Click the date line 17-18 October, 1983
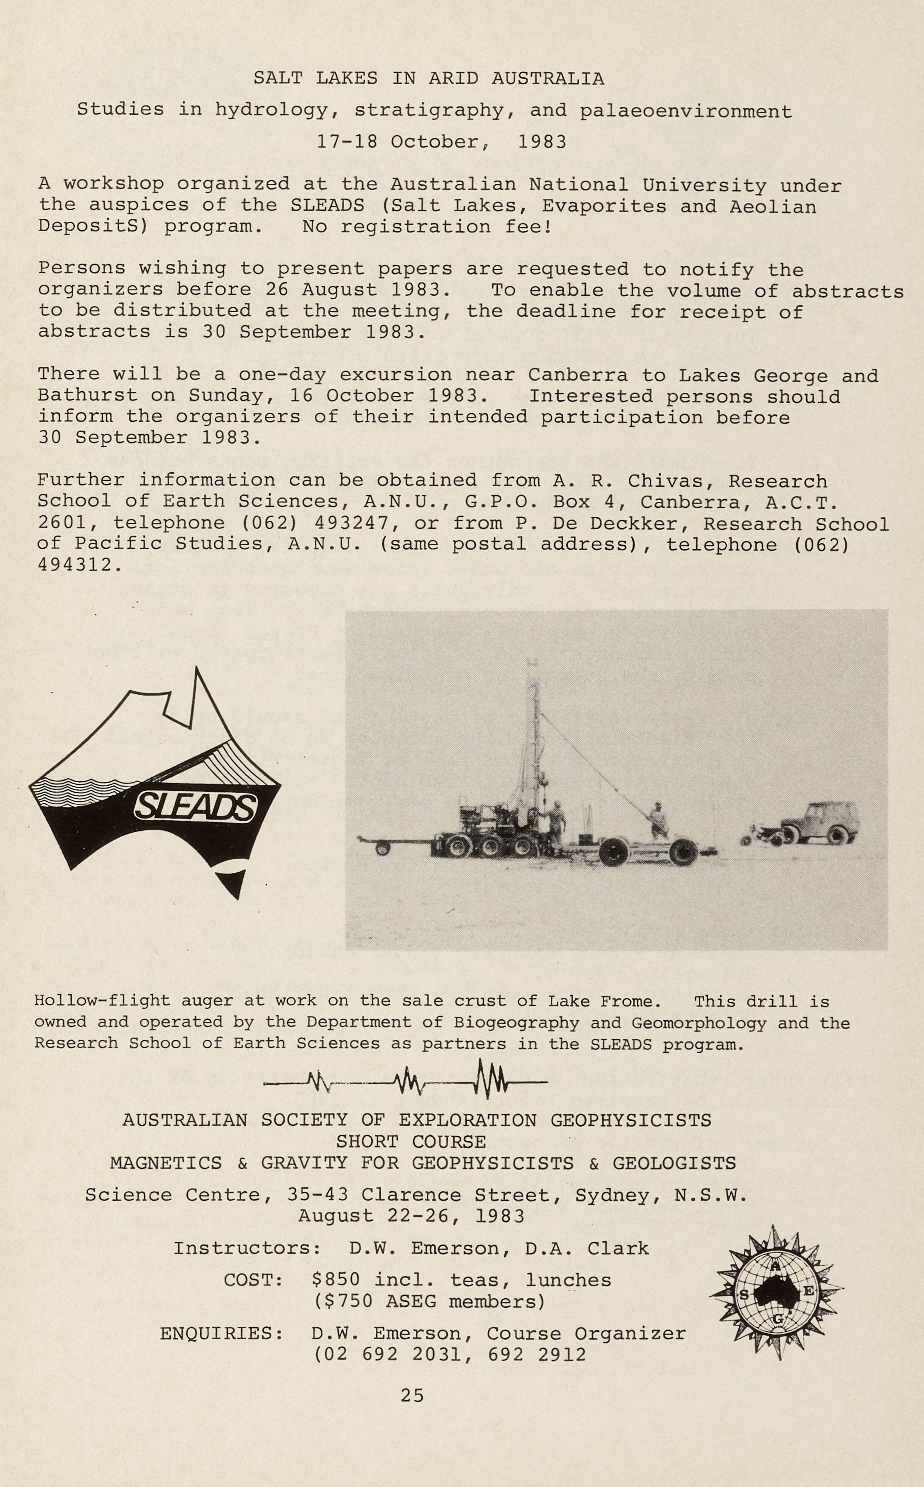441,142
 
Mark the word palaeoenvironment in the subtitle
685,111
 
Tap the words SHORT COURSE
411,1142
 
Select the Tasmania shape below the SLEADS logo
234,880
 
